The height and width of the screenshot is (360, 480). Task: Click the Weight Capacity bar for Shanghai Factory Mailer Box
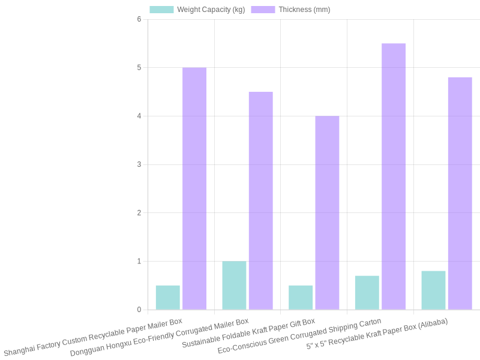coord(168,298)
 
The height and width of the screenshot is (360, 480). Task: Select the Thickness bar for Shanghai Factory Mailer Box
coord(194,188)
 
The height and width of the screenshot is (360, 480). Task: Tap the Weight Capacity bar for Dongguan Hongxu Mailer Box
coord(234,286)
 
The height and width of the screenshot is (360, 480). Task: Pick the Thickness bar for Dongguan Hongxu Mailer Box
coord(261,200)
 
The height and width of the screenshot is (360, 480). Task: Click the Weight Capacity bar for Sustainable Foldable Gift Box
coord(301,298)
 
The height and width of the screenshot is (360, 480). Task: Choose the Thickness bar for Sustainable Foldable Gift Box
coord(327,212)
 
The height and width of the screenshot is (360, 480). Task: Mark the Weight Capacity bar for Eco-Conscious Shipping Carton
coord(367,293)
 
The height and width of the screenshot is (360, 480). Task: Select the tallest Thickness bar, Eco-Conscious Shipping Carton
coord(394,176)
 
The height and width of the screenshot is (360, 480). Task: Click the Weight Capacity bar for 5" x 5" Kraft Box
coord(433,290)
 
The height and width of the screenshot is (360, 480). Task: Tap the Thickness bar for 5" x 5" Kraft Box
coord(460,193)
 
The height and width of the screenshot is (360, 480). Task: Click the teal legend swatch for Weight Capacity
coord(161,10)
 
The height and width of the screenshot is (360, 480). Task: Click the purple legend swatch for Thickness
coord(263,10)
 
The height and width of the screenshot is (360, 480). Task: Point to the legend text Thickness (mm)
coord(304,10)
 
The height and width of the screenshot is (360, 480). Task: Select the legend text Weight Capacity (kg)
coord(211,10)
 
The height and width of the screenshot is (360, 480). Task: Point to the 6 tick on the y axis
coord(139,19)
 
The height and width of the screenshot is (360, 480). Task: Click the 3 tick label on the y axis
coord(139,164)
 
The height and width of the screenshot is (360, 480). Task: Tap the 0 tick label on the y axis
coord(139,310)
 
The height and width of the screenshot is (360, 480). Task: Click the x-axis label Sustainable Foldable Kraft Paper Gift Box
coord(248,334)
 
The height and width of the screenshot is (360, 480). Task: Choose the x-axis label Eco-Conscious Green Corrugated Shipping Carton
coord(299,336)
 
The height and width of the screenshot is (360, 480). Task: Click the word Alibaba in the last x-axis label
coord(432,324)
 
